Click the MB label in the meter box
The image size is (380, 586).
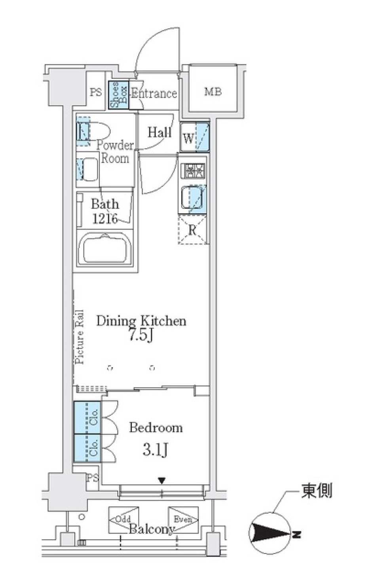coord(213,92)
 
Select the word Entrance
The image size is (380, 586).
coord(154,93)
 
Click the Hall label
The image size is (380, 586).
coord(160,132)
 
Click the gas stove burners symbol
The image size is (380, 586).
coord(193,171)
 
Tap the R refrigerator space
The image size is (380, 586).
coord(193,230)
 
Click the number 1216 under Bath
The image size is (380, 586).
coord(104,218)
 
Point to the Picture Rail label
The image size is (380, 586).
coord(80,336)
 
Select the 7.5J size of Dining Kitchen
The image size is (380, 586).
coord(141,335)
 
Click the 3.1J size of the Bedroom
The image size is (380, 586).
coord(155,450)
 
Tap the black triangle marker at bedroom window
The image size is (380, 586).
coord(161,481)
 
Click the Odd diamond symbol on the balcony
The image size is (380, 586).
coord(123,520)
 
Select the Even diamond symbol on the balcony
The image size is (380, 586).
coord(183,520)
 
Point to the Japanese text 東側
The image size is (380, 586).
coord(316,491)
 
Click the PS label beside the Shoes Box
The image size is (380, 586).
coord(95,92)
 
